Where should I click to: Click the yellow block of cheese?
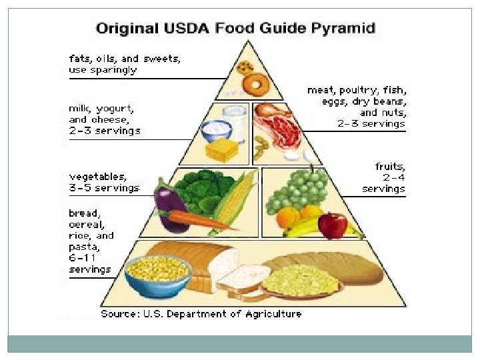(220, 149)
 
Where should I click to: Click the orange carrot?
(193, 219)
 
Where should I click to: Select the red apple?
(333, 225)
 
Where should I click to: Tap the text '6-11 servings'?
(90, 264)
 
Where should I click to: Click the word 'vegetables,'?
(97, 177)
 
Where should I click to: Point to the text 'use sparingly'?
(103, 69)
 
